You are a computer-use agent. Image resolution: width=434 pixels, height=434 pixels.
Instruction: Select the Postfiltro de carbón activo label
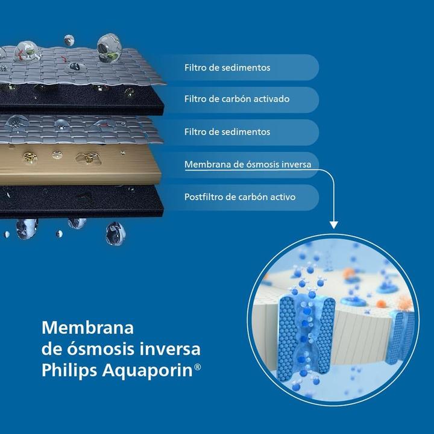[x=240, y=197]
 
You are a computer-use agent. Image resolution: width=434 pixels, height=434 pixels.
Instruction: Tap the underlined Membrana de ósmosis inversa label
[x=247, y=165]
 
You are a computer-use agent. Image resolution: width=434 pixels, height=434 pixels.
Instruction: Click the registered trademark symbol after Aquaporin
[x=198, y=366]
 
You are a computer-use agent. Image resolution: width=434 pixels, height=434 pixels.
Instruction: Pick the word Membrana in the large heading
[x=87, y=328]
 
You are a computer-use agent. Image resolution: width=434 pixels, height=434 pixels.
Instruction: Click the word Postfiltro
[x=205, y=197]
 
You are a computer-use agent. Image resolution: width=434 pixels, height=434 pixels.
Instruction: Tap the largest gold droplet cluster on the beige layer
[x=88, y=158]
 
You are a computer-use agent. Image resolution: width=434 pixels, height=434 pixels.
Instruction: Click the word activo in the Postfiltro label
[x=281, y=197]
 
